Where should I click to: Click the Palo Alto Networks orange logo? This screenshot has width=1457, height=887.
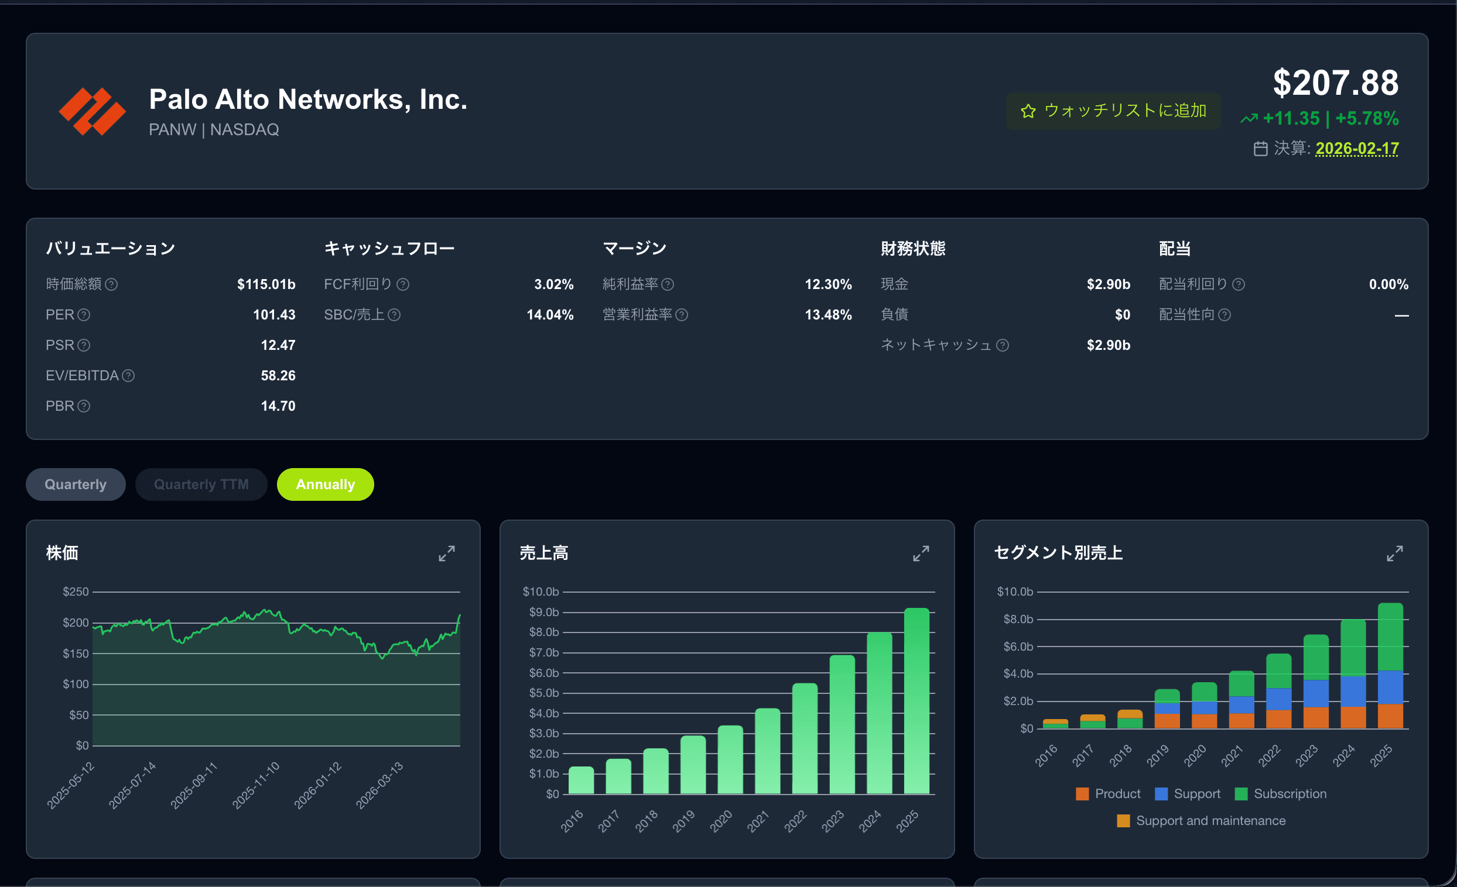[x=93, y=111]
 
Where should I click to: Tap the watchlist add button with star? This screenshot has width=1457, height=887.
[x=1113, y=111]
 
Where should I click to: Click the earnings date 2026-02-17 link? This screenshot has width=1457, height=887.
[x=1357, y=149]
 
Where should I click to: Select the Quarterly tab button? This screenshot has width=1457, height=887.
[x=76, y=484]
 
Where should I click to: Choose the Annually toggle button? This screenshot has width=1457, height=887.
[x=325, y=484]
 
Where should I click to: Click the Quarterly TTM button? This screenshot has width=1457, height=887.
[x=201, y=484]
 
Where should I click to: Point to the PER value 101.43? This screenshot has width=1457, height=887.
[x=275, y=315]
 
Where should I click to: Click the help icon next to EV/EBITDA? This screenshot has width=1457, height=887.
[x=128, y=376]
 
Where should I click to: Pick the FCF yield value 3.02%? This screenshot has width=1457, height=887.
[x=554, y=284]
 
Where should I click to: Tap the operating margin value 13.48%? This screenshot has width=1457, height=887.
[x=829, y=315]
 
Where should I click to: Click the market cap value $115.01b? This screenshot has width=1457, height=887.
[x=266, y=284]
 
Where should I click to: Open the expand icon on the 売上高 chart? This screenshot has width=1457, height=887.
[x=921, y=553]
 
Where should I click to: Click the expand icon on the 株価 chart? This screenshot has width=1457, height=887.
[x=447, y=553]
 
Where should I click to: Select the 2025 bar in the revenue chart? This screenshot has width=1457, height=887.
[x=916, y=701]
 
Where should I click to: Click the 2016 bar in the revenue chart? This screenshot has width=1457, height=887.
[x=582, y=781]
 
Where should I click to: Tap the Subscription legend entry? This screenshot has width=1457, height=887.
[x=1281, y=793]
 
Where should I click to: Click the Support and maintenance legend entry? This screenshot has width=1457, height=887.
[x=1201, y=821]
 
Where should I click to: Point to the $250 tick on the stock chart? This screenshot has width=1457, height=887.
[x=76, y=592]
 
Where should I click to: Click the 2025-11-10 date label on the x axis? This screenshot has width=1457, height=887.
[x=255, y=785]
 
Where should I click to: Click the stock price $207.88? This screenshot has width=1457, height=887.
[x=1336, y=82]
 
